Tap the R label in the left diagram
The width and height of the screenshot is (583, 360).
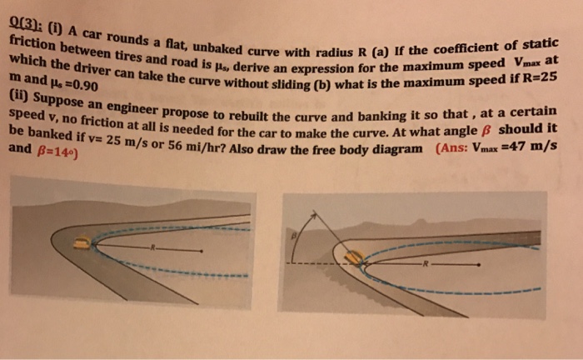tap(152, 247)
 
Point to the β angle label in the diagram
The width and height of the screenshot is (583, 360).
tap(292, 236)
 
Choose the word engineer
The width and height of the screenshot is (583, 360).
tap(135, 113)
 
